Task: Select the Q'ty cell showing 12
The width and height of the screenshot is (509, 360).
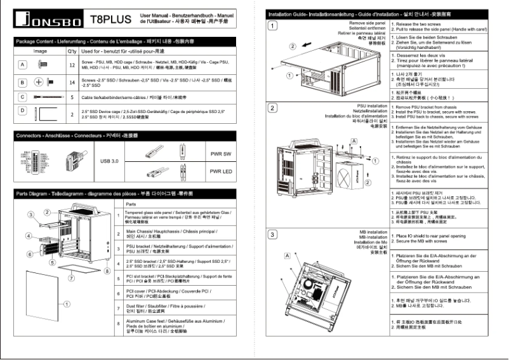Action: [72, 65]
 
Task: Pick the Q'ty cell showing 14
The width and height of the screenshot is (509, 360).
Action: [72, 83]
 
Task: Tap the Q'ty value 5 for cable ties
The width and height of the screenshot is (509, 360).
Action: [72, 98]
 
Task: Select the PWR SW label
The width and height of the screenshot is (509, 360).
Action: [221, 154]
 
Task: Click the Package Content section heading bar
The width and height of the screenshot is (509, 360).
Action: [127, 41]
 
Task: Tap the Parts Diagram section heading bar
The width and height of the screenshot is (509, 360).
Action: [127, 192]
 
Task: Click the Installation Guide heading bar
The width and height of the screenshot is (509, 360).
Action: [381, 13]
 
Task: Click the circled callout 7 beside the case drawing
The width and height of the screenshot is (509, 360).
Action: [72, 277]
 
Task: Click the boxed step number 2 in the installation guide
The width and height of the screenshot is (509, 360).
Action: [272, 107]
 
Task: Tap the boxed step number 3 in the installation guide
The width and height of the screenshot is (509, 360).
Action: [272, 234]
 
